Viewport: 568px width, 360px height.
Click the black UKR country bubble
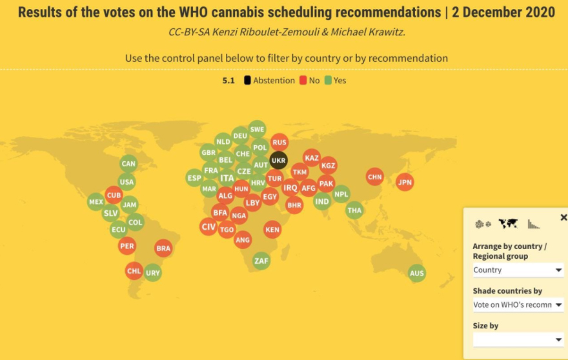[x=278, y=160]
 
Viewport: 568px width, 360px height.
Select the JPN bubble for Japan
[x=405, y=183]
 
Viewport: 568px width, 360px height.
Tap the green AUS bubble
[x=417, y=273]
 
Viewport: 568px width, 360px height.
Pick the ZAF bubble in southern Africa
[x=261, y=261]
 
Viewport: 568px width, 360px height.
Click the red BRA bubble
[x=163, y=248]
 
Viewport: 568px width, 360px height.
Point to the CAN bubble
[x=128, y=164]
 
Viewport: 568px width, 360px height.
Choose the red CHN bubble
[x=374, y=176]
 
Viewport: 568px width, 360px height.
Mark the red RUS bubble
[x=279, y=143]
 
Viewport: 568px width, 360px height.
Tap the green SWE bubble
[x=257, y=129]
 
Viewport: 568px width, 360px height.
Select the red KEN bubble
[x=272, y=230]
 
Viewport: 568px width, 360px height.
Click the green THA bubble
[x=354, y=210]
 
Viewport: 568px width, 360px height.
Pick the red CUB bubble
[x=114, y=195]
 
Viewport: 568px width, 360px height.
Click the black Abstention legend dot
[x=247, y=81]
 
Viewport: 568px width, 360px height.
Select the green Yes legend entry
[x=335, y=81]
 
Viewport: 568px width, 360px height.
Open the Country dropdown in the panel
[x=518, y=270]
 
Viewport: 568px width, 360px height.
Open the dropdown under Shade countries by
[x=518, y=305]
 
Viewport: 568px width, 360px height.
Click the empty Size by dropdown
[x=518, y=339]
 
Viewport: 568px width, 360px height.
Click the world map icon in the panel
[x=508, y=224]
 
